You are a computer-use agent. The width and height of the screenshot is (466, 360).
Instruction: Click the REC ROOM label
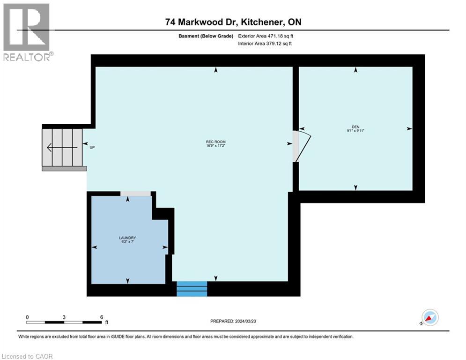(212, 142)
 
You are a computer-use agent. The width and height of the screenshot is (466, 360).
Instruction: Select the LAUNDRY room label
(127, 238)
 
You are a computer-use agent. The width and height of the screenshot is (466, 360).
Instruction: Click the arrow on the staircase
(61, 147)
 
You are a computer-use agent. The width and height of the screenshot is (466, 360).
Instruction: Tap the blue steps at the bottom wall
(192, 289)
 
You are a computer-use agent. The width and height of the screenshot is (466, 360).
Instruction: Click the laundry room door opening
(135, 194)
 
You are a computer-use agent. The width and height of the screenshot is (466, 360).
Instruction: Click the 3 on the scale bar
(64, 317)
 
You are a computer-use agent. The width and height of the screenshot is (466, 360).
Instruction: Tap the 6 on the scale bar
(101, 317)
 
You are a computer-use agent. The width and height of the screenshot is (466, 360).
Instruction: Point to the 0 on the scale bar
(27, 317)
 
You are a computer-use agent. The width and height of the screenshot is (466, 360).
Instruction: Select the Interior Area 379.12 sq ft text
(265, 44)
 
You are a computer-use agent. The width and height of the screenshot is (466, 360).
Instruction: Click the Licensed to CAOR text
(27, 356)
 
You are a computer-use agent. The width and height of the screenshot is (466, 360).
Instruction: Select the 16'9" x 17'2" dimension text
(212, 146)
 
